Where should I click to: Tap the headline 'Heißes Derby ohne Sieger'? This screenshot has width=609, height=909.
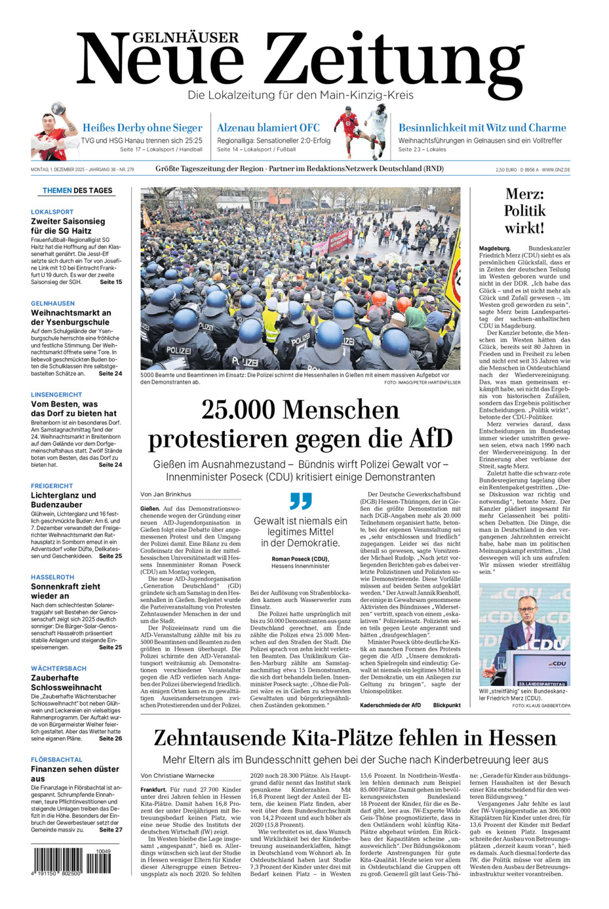142,128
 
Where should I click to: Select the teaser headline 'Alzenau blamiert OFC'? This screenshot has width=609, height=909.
268,128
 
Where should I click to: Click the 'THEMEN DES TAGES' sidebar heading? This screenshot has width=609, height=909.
77,191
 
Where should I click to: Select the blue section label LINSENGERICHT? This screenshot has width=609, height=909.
56,395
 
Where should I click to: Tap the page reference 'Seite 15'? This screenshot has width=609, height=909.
110,282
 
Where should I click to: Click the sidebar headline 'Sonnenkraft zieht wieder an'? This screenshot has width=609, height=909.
66,591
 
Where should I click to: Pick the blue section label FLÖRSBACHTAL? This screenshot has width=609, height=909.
56,759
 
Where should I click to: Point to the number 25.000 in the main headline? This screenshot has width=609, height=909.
239,410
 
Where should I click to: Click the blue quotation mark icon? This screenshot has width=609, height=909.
300,501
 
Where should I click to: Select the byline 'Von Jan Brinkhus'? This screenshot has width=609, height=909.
166,495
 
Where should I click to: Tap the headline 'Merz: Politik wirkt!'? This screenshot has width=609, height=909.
524,211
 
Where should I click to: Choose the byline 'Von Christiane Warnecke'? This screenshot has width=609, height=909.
178,776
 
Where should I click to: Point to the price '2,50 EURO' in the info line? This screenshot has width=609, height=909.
507,170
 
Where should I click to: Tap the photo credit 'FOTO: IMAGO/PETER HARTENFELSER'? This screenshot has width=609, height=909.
422,382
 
